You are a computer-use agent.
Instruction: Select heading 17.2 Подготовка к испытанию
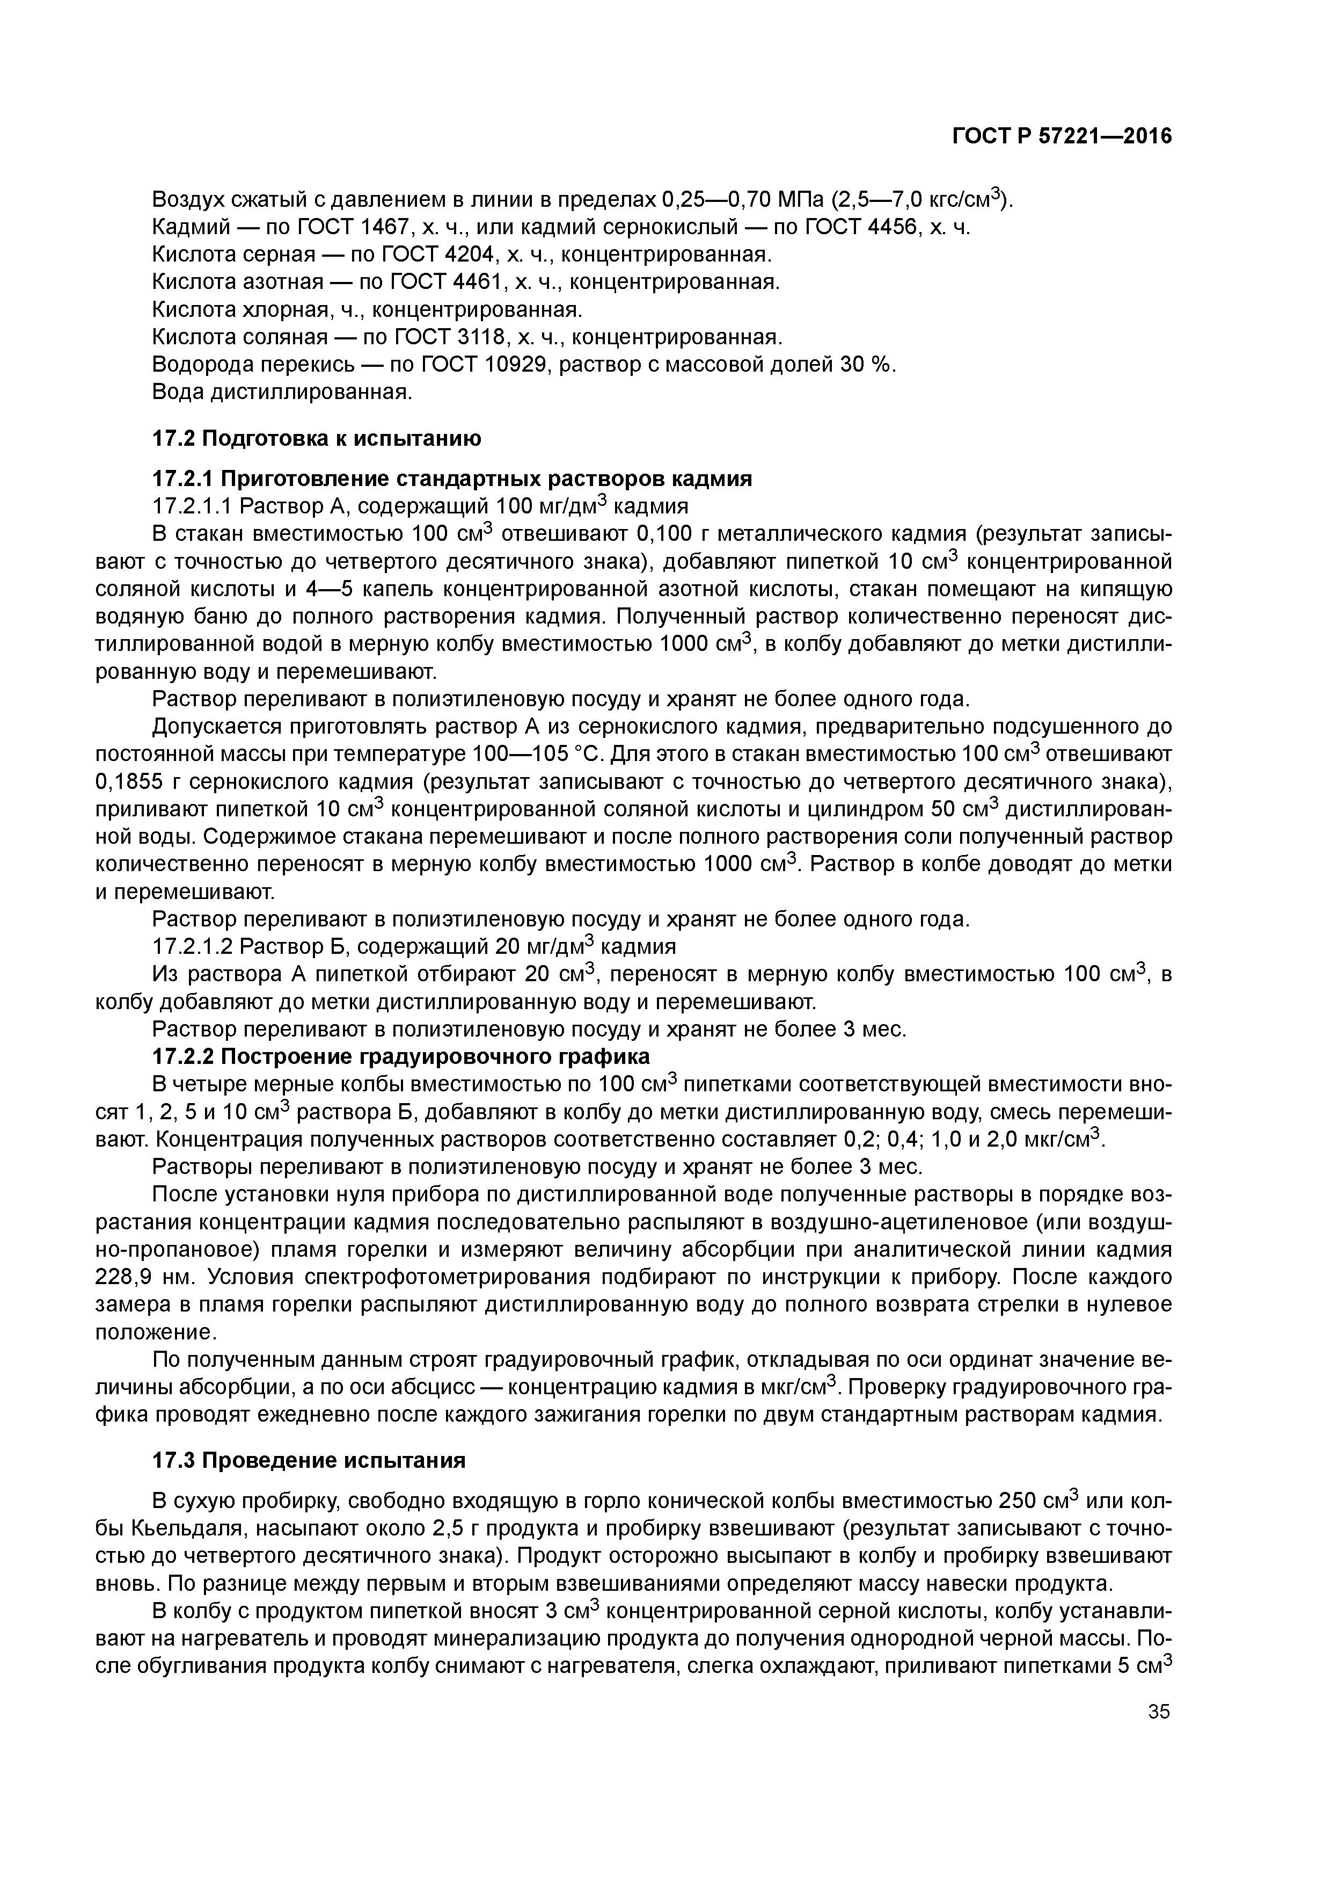[x=317, y=438]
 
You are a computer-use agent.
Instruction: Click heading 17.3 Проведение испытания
[x=309, y=1461]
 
